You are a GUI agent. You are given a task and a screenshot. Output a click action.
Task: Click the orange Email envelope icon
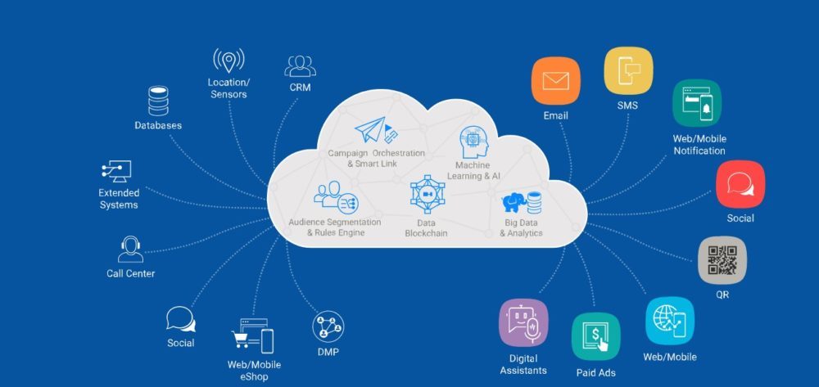pos(555,82)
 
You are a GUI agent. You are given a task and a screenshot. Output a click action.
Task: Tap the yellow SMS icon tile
pos(628,71)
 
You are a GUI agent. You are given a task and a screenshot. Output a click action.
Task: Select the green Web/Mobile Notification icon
pos(697,103)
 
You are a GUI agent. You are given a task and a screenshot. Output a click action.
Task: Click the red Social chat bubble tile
pos(740,184)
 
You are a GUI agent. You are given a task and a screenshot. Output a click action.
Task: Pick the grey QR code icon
pos(722,260)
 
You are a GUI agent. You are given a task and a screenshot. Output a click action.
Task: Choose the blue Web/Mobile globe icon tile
pos(670,321)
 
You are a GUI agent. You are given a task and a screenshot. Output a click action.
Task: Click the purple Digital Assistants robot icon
pos(523,324)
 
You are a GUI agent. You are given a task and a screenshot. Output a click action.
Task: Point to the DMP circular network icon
pos(328,326)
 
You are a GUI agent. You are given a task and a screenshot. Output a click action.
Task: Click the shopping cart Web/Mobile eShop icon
pos(251,335)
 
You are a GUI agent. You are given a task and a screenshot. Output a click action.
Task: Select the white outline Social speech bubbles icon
pos(180,319)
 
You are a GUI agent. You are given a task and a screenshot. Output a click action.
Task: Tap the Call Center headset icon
pos(130,250)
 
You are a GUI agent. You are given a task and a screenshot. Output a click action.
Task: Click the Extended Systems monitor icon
pos(116,172)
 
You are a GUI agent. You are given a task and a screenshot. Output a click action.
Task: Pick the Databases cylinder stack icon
pos(157,101)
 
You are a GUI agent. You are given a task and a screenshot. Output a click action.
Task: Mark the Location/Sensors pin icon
pos(229,61)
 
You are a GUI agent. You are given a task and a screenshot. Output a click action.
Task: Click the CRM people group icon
pos(301,65)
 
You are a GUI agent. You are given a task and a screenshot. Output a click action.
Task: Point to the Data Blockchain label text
pos(427,227)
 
